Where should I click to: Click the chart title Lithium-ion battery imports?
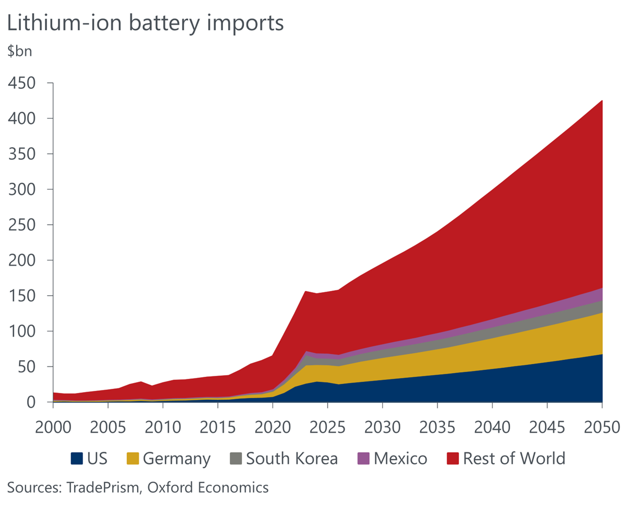pos(145,24)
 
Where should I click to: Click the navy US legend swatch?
pos(77,459)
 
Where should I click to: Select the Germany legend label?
pos(177,459)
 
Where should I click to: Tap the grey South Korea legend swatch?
pos(236,459)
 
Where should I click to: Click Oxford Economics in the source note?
pos(208,488)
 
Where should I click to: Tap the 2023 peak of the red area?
pos(305,292)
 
